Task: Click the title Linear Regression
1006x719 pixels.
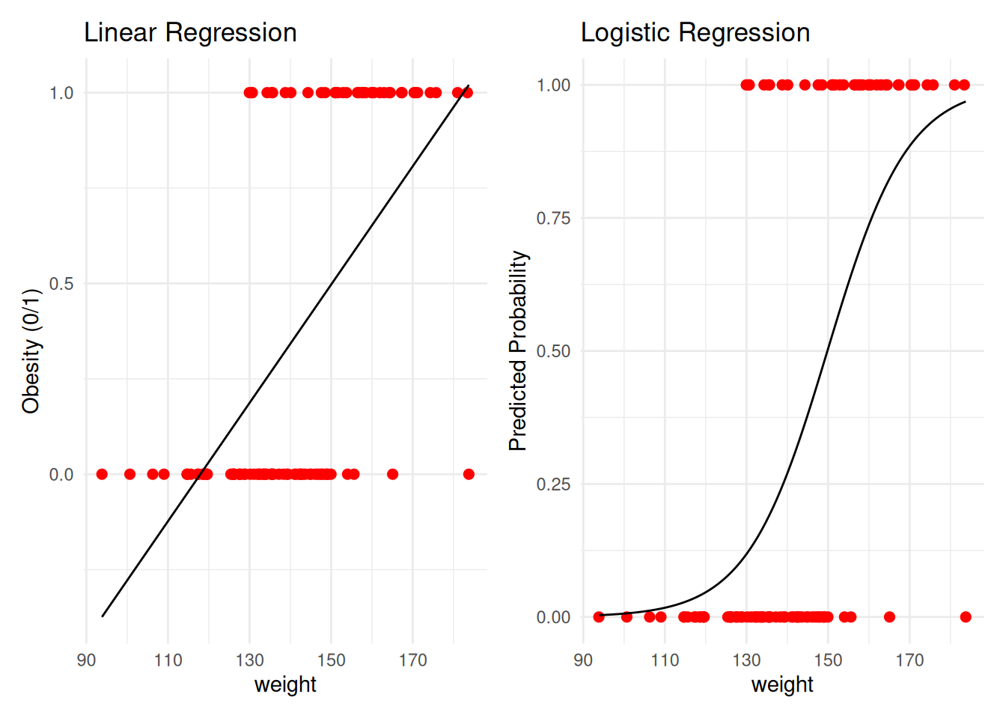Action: coord(190,33)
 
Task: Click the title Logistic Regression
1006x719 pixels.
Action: coord(695,33)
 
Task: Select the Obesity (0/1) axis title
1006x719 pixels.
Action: coord(31,351)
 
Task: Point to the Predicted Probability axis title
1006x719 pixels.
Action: coord(518,351)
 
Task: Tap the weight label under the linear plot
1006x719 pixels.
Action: coord(285,685)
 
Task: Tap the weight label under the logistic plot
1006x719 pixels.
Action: coord(782,685)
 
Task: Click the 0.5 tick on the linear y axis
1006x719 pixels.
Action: coord(61,284)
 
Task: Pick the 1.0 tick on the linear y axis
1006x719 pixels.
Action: coord(61,93)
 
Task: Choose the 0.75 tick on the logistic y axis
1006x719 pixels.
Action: coord(553,218)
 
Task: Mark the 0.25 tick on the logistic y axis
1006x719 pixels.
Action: coord(553,485)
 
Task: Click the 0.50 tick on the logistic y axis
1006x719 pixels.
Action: coord(553,351)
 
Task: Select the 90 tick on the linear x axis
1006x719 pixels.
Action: coord(86,661)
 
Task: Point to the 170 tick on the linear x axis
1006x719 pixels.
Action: coord(412,661)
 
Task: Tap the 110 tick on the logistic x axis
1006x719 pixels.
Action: coord(665,661)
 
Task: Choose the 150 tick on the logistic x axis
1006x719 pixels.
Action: coord(828,661)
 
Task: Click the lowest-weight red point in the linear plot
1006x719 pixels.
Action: coord(102,474)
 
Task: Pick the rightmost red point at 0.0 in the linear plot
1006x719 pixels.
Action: coord(469,474)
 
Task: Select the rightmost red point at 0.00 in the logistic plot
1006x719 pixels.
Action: coord(966,617)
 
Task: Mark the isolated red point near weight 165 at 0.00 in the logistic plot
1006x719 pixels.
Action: coord(889,617)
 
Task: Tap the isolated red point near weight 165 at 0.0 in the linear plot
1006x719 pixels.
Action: coord(392,474)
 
